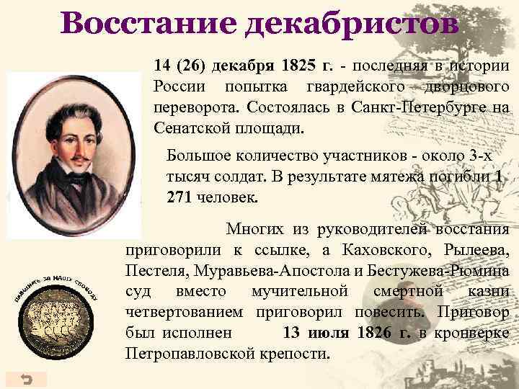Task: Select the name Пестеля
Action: click(153, 272)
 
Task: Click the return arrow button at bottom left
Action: click(26, 379)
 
